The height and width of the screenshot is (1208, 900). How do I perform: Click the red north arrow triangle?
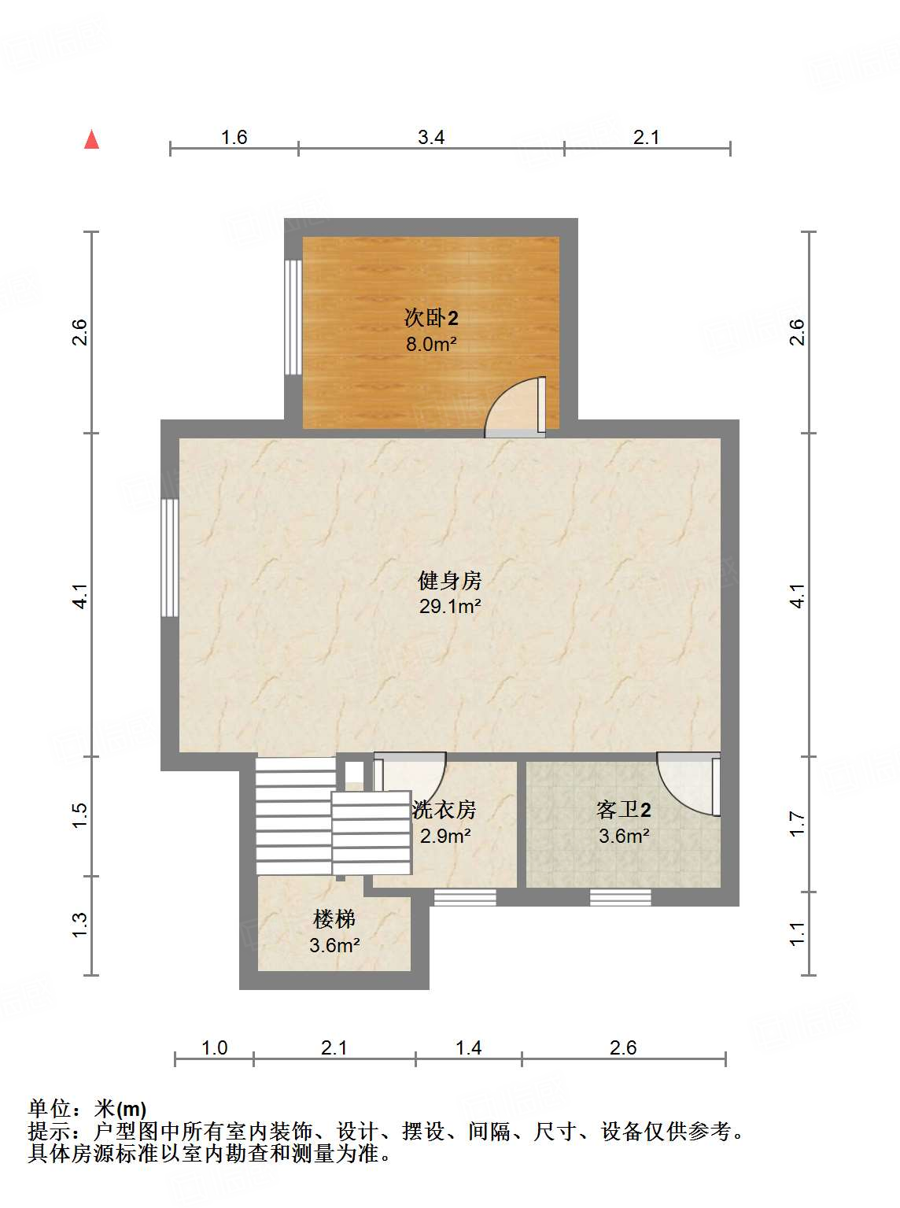pyautogui.click(x=92, y=140)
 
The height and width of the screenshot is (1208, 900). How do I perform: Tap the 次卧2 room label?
pyautogui.click(x=430, y=318)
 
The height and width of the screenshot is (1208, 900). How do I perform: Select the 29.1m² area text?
pyautogui.click(x=449, y=607)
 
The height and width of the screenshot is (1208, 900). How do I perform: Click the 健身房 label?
pyautogui.click(x=449, y=581)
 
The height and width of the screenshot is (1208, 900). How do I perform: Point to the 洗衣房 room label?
pyautogui.click(x=444, y=810)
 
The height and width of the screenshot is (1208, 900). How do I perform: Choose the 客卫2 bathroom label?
pyautogui.click(x=623, y=810)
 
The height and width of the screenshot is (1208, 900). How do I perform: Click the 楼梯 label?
pyautogui.click(x=334, y=919)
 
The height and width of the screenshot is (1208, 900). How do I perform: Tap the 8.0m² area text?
pyautogui.click(x=430, y=344)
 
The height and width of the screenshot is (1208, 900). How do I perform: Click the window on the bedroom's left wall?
pyautogui.click(x=293, y=317)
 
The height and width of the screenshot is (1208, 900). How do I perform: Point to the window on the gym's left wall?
pyautogui.click(x=169, y=558)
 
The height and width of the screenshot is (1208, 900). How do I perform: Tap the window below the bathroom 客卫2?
pyautogui.click(x=620, y=897)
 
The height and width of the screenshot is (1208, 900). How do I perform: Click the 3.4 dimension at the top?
pyautogui.click(x=431, y=138)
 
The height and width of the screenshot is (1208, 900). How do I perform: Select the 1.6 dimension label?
pyautogui.click(x=234, y=138)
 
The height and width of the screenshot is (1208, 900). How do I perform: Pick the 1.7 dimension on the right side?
pyautogui.click(x=798, y=824)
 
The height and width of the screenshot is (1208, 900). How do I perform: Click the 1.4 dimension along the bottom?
pyautogui.click(x=468, y=1048)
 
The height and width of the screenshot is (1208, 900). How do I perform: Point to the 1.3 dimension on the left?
pyautogui.click(x=79, y=925)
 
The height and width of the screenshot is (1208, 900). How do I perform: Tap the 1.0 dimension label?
pyautogui.click(x=214, y=1048)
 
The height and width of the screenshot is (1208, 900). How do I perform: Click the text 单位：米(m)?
pyautogui.click(x=87, y=1109)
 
